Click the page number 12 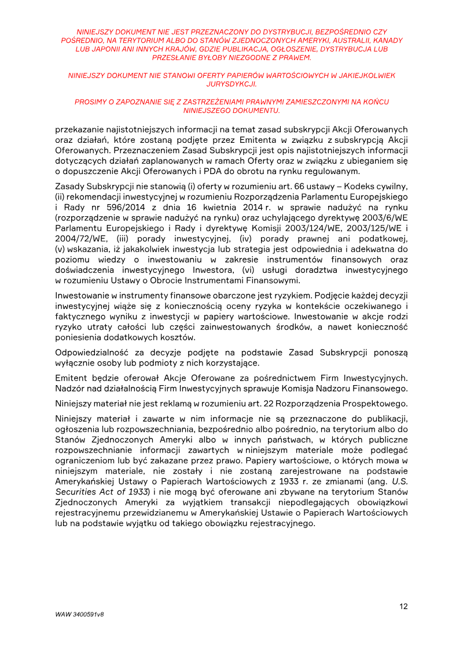(x=403, y=607)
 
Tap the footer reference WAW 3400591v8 (x=80, y=614)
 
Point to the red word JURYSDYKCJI (x=231, y=84)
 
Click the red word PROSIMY (x=90, y=102)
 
